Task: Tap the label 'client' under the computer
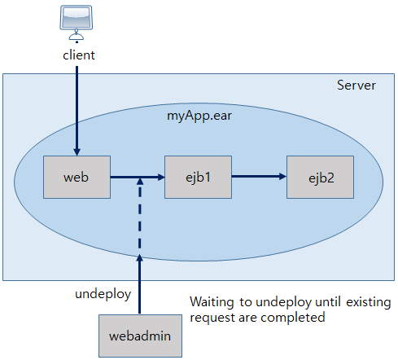pos(79,55)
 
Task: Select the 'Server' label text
pos(356,86)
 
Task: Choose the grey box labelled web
pos(76,176)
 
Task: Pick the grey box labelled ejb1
pos(198,176)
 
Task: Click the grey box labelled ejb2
pos(320,176)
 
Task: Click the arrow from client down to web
pos(77,106)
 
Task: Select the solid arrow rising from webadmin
pos(141,285)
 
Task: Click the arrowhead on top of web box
pos(77,151)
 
